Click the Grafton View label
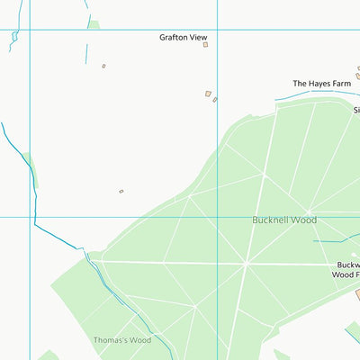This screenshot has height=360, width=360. [x=184, y=37]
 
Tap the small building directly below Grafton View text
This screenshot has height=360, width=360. [x=205, y=44]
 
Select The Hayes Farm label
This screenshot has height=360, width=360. [x=321, y=84]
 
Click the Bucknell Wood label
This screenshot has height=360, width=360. [x=284, y=220]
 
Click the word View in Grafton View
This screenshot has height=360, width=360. [x=197, y=37]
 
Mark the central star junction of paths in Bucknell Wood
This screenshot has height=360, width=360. [x=246, y=264]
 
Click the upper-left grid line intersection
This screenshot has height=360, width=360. [x=31, y=30]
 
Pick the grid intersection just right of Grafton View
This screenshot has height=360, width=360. [x=219, y=30]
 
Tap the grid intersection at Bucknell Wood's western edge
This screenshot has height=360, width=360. [x=219, y=216]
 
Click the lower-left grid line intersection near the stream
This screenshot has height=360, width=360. [x=31, y=216]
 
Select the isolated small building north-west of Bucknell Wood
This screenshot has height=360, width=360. [x=121, y=191]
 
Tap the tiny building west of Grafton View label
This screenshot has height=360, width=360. [x=103, y=66]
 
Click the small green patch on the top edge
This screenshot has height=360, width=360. [x=94, y=24]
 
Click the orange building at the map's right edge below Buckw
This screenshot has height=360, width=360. [x=357, y=294]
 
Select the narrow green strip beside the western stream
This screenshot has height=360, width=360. [x=31, y=170]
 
